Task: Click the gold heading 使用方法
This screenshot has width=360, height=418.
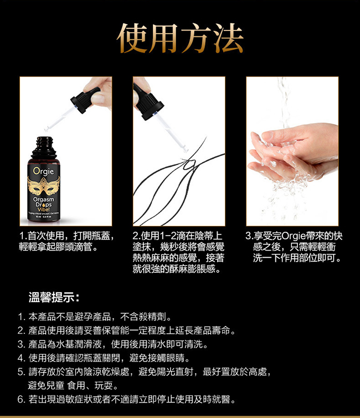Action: click(x=180, y=38)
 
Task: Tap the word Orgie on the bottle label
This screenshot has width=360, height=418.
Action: click(x=44, y=171)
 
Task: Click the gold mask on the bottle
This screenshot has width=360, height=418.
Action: click(x=44, y=186)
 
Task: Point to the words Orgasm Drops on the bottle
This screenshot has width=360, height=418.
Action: click(x=44, y=202)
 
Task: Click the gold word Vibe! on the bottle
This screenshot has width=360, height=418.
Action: click(x=44, y=209)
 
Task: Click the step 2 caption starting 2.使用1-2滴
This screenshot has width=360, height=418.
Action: click(x=178, y=252)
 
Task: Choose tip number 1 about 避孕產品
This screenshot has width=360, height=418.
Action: click(x=95, y=317)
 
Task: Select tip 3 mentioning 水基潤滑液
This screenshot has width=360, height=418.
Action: click(x=113, y=344)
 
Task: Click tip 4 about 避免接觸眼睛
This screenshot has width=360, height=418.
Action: click(x=104, y=358)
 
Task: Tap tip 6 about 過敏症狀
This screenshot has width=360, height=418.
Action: click(x=127, y=399)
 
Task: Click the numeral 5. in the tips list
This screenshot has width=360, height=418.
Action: click(x=21, y=372)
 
